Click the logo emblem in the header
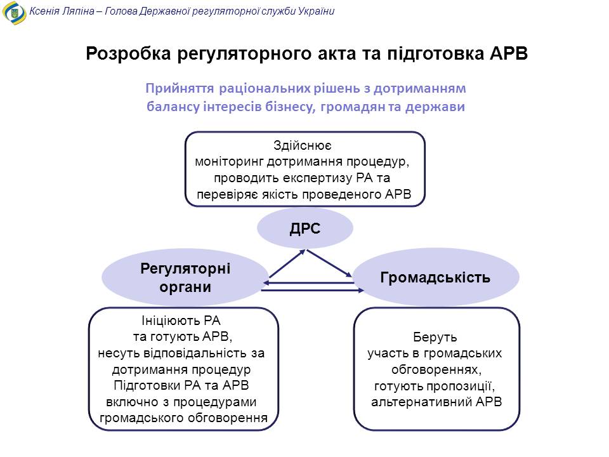tap(15, 13)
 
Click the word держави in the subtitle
tap(435, 107)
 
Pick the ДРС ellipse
tap(305, 228)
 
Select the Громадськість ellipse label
tap(435, 277)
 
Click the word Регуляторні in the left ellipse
tap(185, 269)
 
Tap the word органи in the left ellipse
tap(185, 287)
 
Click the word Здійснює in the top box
tap(302, 145)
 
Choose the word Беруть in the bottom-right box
tap(435, 337)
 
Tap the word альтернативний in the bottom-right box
tap(421, 402)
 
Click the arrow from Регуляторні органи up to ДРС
tap(287, 263)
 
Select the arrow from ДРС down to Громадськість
tap(329, 263)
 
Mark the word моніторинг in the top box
tap(229, 162)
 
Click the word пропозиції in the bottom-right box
tap(461, 387)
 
